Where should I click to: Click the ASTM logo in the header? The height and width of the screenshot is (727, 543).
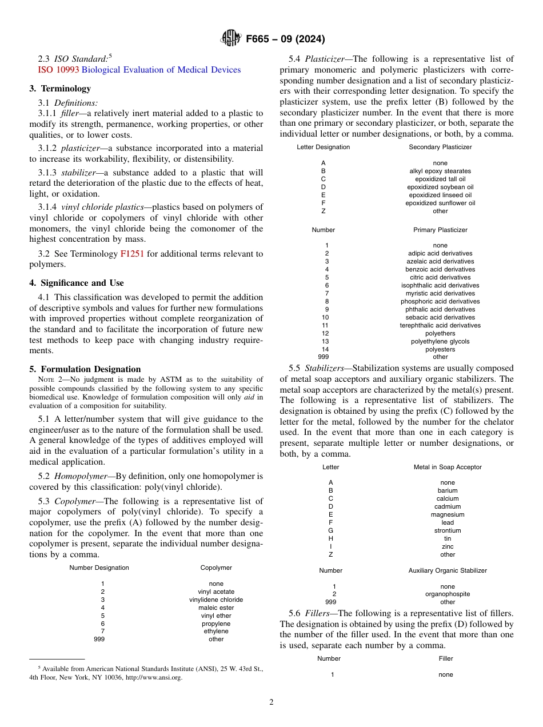[231, 39]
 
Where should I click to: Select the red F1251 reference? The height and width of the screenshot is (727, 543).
[131, 254]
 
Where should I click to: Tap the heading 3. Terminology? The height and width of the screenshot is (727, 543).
[60, 89]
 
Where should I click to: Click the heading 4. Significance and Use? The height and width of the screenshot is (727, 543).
[77, 283]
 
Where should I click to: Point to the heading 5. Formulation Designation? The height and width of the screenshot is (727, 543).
[85, 369]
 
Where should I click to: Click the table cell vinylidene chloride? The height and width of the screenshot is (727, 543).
[216, 600]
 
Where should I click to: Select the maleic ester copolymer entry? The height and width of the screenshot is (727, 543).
[216, 608]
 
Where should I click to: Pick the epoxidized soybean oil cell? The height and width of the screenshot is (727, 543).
[440, 187]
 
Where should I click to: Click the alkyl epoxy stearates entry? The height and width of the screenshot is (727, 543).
[440, 171]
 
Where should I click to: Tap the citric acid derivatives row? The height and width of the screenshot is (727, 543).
[440, 277]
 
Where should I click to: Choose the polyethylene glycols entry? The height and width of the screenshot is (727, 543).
[440, 341]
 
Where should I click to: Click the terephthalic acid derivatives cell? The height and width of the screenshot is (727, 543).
[440, 325]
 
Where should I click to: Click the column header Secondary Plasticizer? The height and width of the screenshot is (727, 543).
[440, 147]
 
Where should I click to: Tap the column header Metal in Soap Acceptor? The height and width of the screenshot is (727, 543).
[448, 467]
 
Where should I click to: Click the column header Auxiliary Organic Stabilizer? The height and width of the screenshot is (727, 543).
[448, 570]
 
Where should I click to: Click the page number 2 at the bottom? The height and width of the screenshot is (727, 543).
[271, 702]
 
